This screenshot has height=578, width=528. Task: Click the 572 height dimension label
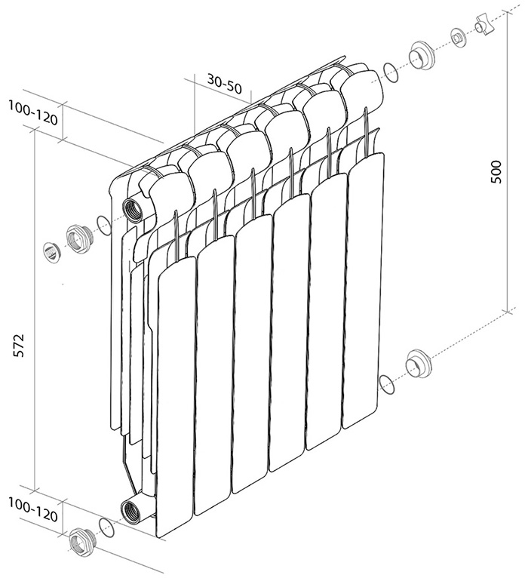[18, 345]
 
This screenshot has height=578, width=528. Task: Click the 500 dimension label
[496, 172]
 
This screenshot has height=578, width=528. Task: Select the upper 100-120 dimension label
[33, 112]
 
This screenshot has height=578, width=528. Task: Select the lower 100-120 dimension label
[33, 510]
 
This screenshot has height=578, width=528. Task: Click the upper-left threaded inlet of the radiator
[133, 209]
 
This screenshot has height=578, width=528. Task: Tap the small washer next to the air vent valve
[458, 38]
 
